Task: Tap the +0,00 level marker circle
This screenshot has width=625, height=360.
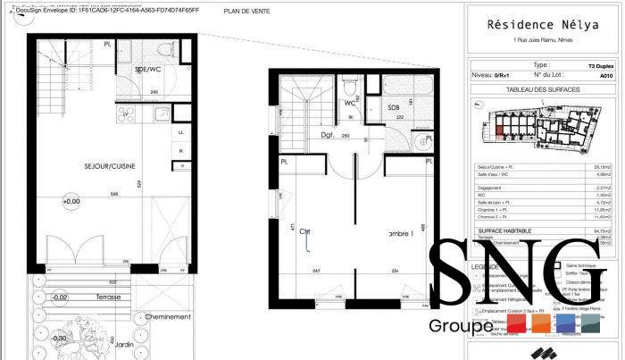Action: [68, 202]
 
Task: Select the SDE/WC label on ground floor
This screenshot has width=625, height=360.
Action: [147, 69]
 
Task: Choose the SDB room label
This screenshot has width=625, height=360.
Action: [393, 107]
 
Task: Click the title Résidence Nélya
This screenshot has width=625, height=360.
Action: [543, 27]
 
